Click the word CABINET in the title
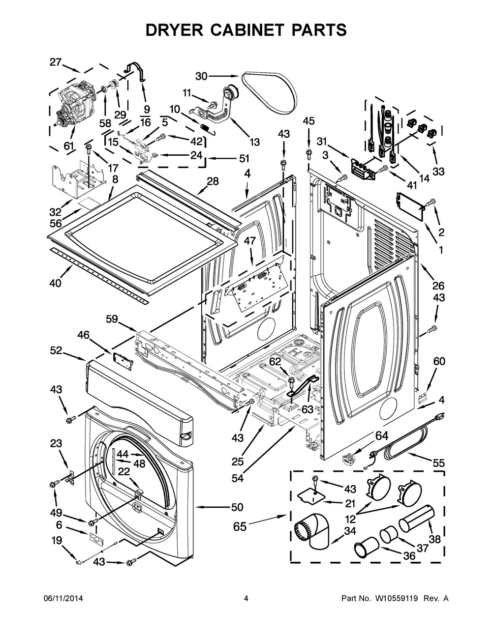click(x=246, y=30)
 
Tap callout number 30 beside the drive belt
click(x=201, y=76)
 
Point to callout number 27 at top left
click(x=56, y=62)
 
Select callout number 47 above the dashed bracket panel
click(x=250, y=241)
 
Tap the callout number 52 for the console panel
click(x=56, y=350)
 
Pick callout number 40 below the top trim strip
click(x=55, y=283)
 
